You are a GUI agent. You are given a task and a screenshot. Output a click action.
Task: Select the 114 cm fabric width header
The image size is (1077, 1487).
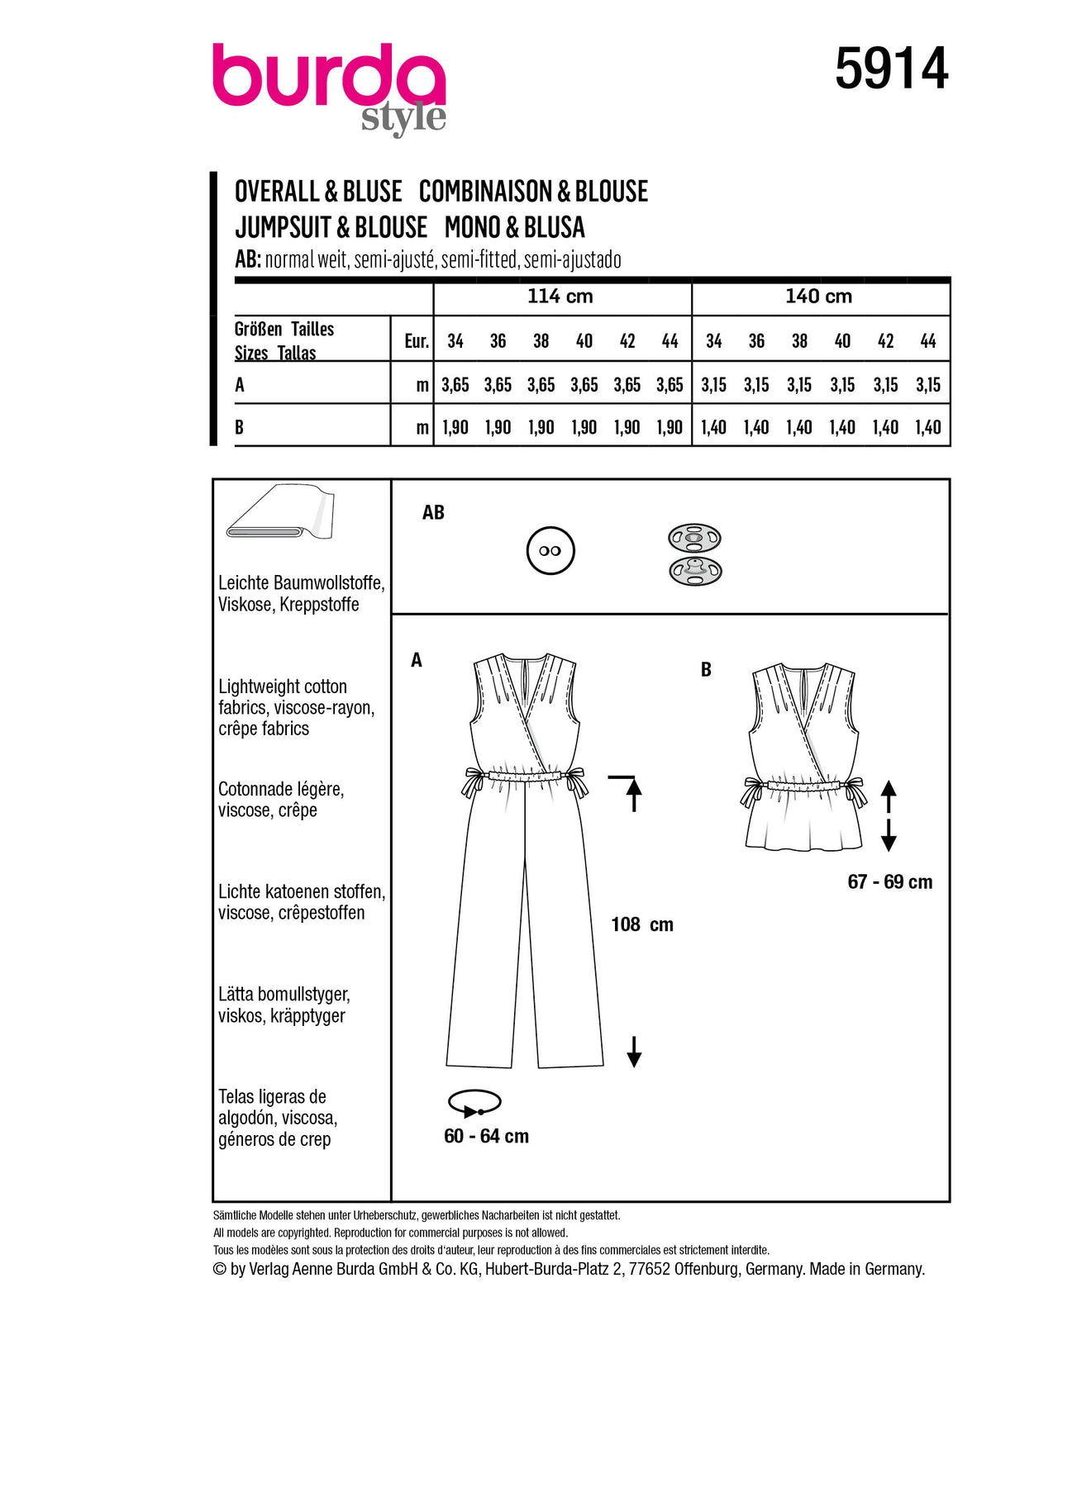(560, 297)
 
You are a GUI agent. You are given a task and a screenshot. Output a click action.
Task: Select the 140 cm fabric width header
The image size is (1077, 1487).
(818, 297)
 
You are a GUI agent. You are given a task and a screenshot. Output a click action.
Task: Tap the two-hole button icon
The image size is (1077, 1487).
(550, 551)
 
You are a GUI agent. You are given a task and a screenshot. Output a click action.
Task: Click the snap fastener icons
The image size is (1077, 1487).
(694, 554)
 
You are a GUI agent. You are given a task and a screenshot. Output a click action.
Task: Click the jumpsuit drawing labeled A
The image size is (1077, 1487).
(525, 859)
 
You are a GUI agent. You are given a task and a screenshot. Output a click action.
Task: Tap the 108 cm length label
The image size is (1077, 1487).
(641, 925)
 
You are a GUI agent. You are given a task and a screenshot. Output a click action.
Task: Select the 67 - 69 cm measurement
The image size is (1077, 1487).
(889, 882)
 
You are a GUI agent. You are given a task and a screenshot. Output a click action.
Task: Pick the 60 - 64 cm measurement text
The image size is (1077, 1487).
(486, 1137)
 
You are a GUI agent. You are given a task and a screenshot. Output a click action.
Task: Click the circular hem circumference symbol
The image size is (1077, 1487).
(474, 1104)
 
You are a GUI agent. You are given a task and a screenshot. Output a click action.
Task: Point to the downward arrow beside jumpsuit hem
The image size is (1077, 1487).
(634, 1052)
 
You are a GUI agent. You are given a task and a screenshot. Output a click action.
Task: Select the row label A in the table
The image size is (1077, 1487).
(240, 385)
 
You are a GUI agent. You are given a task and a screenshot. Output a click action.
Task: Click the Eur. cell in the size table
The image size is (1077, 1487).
(416, 341)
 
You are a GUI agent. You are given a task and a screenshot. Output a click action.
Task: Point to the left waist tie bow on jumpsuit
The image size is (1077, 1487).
(474, 782)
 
